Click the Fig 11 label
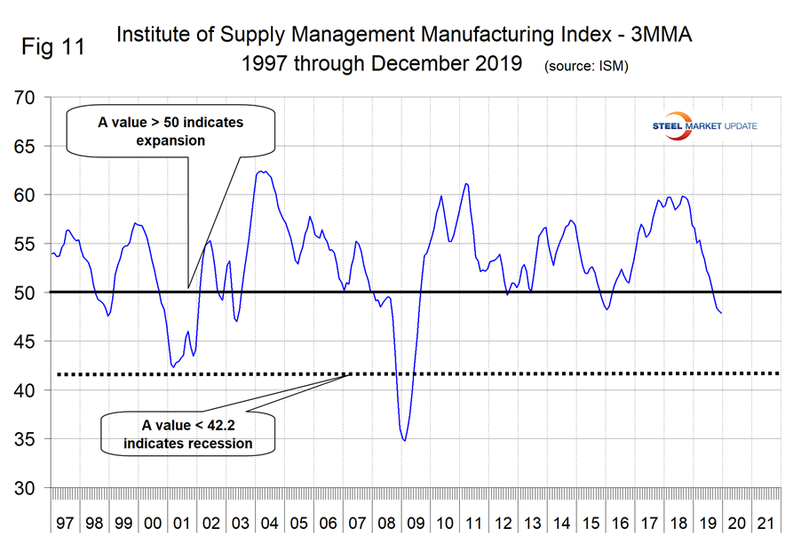53,48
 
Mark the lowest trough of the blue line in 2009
405,440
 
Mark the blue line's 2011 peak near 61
466,184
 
